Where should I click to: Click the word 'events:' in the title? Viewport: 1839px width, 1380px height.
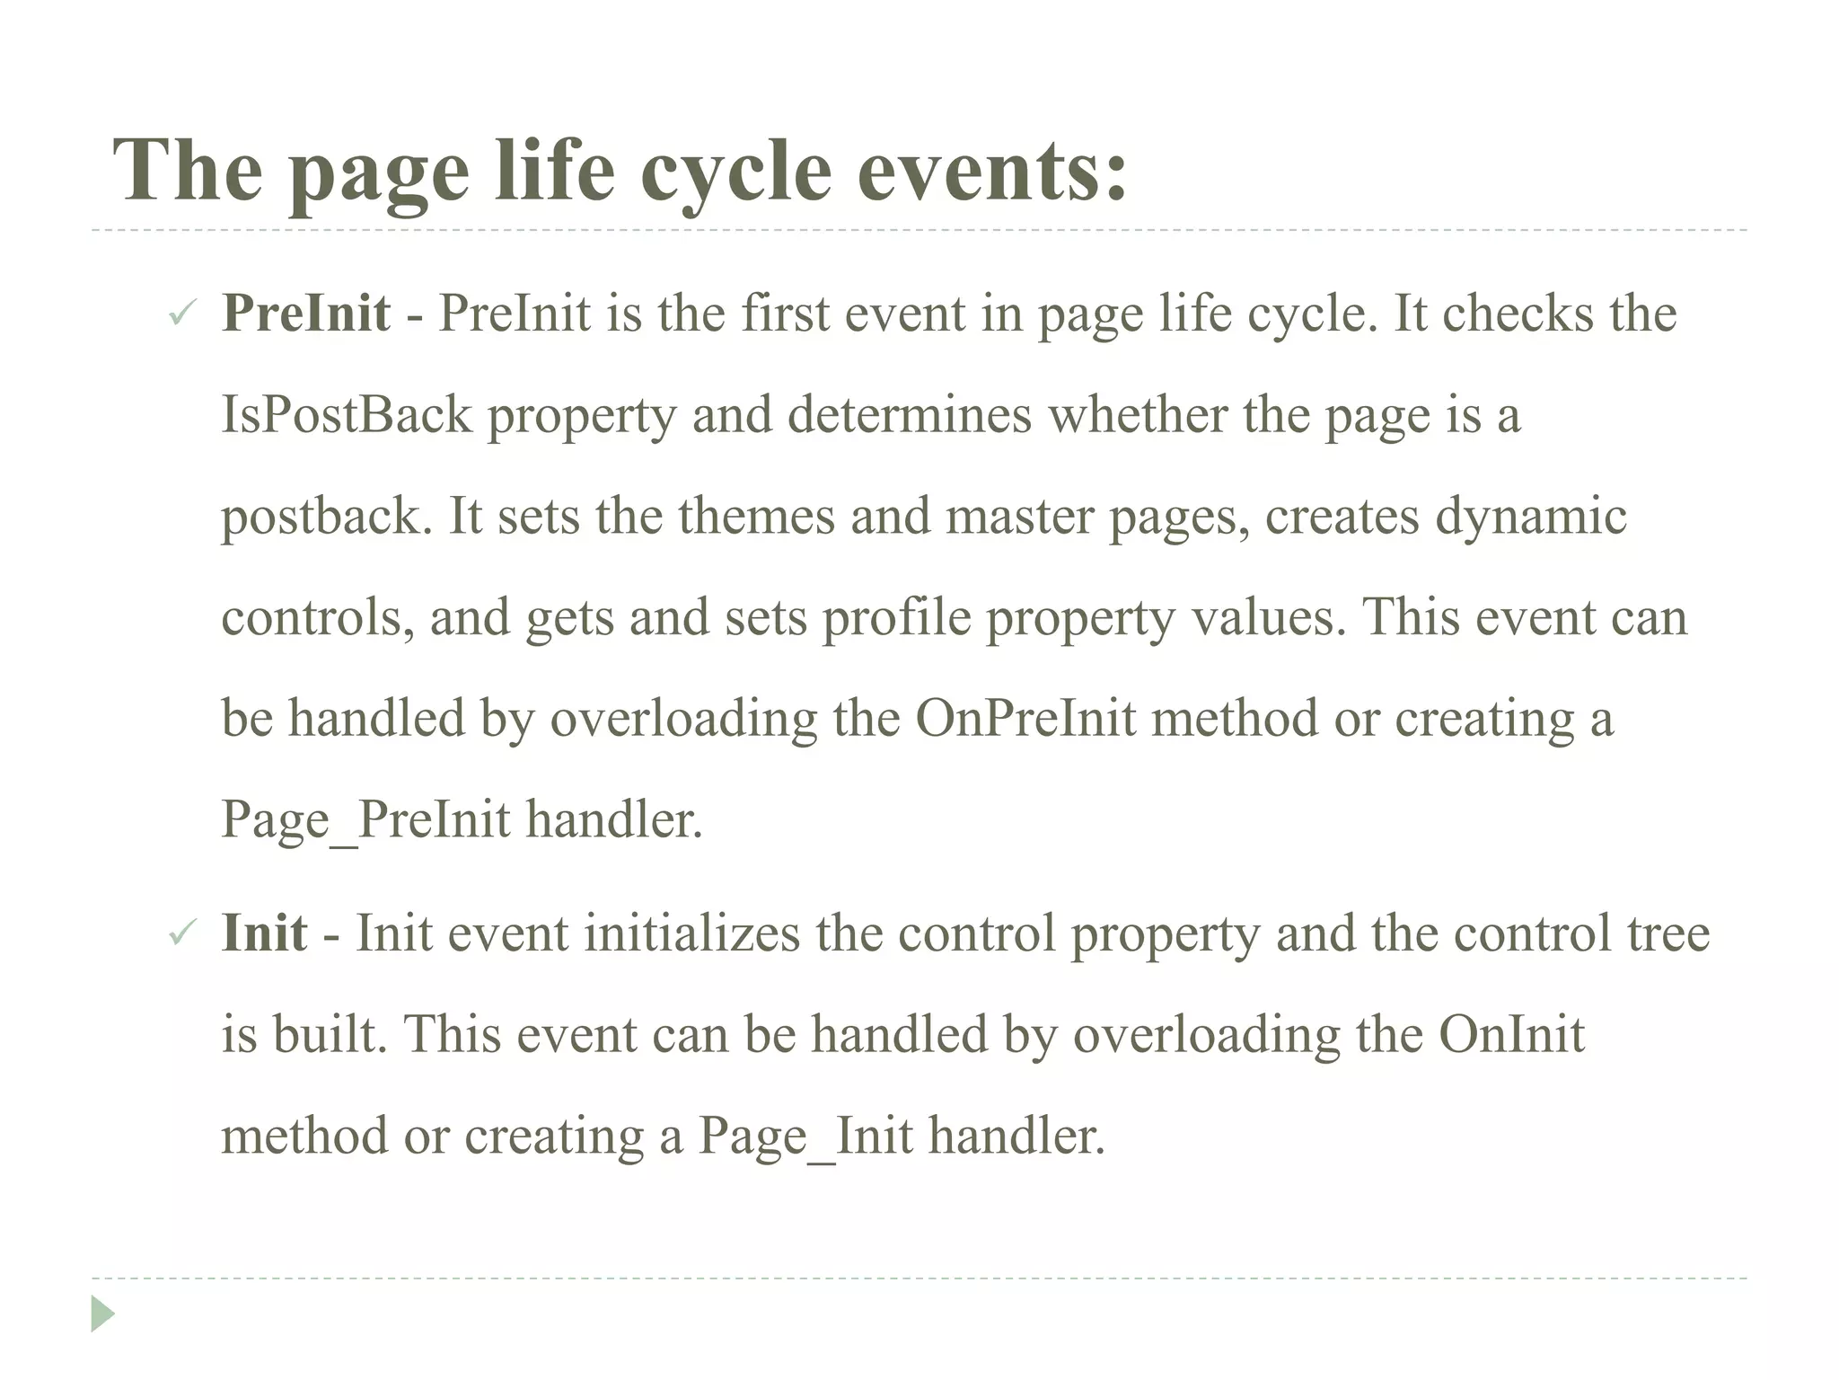[x=992, y=171]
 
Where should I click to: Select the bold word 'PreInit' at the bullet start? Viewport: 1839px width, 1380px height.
[x=305, y=314]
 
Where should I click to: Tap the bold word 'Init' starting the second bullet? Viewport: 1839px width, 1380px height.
[x=264, y=933]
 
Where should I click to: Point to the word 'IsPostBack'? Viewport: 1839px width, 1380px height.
[x=346, y=415]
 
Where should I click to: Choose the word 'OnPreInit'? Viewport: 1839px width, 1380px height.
[x=1025, y=719]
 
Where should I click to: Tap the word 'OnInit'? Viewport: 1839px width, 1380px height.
[x=1511, y=1035]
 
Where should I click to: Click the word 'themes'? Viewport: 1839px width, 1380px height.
[x=756, y=517]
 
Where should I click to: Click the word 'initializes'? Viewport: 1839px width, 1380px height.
[x=691, y=933]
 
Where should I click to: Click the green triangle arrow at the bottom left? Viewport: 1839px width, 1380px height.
[x=102, y=1314]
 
